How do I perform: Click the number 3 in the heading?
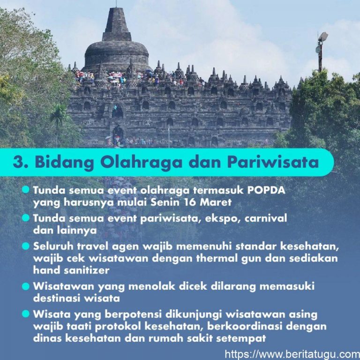[x=18, y=162]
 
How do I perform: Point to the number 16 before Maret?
[x=190, y=202]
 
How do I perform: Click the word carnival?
[x=266, y=218]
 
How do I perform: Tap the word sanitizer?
[x=87, y=270]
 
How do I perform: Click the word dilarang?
[x=233, y=287]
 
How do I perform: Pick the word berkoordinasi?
[x=244, y=326]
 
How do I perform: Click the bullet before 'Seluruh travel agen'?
[x=26, y=247]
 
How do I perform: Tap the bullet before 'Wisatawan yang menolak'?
[x=26, y=286]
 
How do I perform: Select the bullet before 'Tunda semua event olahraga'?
[x=26, y=190]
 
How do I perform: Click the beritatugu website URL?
[x=292, y=354]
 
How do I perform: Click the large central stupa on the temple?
[x=117, y=41]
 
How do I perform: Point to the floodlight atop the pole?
[x=323, y=36]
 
